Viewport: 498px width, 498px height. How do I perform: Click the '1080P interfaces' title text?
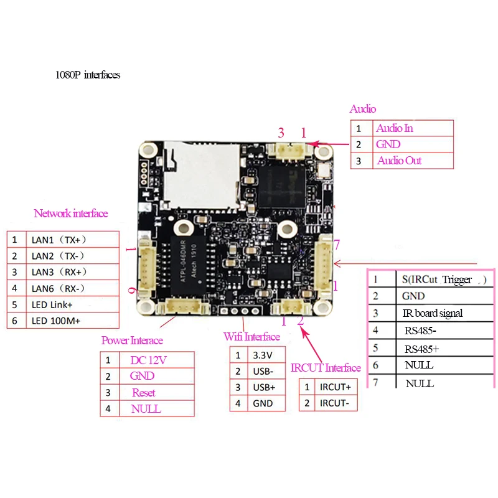coord(88,75)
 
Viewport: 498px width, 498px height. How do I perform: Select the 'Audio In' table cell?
coord(394,128)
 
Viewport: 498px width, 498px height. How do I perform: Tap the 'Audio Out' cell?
coord(399,161)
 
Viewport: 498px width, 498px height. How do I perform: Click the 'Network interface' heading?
coord(71,214)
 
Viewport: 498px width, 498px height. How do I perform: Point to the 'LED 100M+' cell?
coord(54,321)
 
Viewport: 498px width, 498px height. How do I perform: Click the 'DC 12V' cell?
coord(148,360)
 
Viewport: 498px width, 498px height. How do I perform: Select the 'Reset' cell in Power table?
coord(144,393)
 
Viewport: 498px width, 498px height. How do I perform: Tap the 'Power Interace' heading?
coord(132,341)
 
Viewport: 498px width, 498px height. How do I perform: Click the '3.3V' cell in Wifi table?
coord(260,355)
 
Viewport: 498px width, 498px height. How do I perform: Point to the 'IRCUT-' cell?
coord(335,403)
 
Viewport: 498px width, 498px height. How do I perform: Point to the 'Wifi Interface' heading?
coord(252,337)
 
